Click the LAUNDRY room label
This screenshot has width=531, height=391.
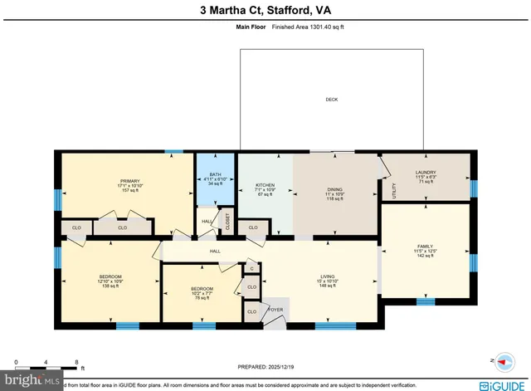coord(426,173)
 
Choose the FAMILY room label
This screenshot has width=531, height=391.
coord(425,247)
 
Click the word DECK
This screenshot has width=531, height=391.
coord(332,100)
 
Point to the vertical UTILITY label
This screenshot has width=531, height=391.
coord(394,188)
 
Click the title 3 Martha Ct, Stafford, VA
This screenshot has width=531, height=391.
coord(265,11)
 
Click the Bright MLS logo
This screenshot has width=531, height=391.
coord(32,381)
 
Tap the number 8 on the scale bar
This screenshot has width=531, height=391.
coord(76,363)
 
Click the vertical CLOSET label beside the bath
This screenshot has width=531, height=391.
coord(227,222)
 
